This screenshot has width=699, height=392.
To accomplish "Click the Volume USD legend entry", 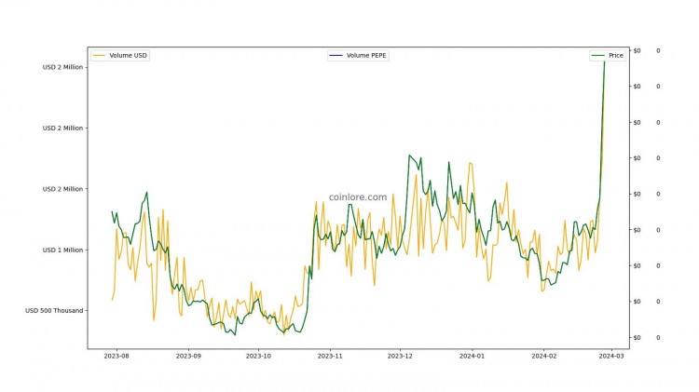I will point(129,56).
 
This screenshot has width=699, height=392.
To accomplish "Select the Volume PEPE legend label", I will point(367,56).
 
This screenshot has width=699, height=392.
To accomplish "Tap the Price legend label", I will point(616,56).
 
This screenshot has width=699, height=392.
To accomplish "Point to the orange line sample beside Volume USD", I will point(99,56).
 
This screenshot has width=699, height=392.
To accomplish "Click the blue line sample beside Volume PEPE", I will point(336,56).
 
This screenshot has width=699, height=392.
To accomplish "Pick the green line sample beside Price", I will point(598,56).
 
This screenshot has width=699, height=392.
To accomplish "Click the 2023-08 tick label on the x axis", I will point(117,355).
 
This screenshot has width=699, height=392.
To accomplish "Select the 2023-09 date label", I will point(188,355).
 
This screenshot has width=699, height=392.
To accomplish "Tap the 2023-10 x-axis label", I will point(258,355).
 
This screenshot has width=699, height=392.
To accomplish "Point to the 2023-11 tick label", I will point(330,355).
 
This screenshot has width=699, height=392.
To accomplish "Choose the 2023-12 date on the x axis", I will point(400,355).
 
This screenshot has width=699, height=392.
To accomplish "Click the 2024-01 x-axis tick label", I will point(473,355).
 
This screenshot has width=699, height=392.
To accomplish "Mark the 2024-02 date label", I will point(544,355).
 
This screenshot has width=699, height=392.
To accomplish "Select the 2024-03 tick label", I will point(611,355).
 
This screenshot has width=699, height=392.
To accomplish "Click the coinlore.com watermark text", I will point(358,197).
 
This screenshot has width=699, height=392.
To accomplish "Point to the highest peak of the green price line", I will point(605,61).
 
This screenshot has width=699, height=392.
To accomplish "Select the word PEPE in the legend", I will point(377,56).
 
